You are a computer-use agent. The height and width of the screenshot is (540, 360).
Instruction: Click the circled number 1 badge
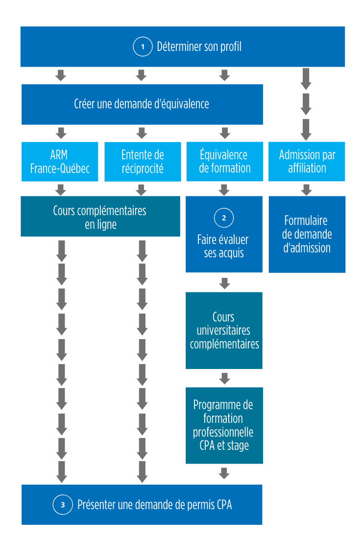(x=143, y=47)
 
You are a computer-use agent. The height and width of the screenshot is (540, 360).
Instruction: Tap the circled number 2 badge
(x=224, y=218)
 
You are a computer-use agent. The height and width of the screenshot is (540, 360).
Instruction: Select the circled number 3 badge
(x=62, y=504)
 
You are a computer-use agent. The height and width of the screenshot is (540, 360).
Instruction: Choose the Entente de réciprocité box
(x=142, y=162)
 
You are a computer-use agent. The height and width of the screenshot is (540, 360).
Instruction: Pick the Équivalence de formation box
(x=224, y=162)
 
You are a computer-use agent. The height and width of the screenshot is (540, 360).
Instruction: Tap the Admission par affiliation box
(x=307, y=162)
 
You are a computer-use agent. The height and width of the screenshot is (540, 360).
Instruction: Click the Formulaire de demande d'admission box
(x=307, y=234)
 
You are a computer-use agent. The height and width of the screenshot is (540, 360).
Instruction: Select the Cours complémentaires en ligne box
(x=100, y=217)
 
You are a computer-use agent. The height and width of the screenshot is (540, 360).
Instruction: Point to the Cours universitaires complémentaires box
(x=224, y=330)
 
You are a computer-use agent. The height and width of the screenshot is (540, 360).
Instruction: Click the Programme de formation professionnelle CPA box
(x=224, y=425)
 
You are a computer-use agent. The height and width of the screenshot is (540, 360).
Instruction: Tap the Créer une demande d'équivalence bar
(x=142, y=104)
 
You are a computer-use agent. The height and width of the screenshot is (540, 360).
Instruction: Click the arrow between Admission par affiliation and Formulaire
(x=307, y=190)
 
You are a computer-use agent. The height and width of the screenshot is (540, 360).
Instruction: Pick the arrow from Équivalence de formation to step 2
(x=224, y=190)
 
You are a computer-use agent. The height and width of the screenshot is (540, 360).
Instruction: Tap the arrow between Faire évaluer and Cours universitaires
(x=224, y=283)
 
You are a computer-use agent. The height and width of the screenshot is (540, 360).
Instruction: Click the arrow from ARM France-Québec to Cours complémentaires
(x=61, y=190)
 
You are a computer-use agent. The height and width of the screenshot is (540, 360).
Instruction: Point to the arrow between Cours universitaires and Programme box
(x=224, y=378)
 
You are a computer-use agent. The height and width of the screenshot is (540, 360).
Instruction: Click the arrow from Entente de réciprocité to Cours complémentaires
(x=142, y=190)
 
